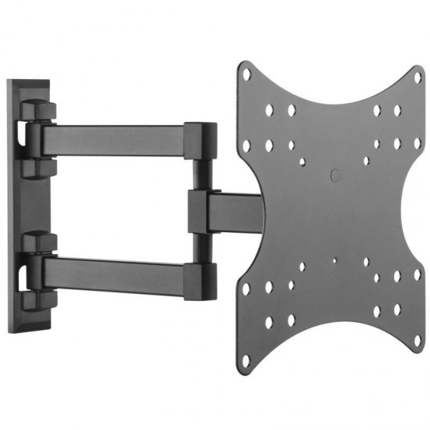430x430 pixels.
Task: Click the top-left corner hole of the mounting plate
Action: (247, 75)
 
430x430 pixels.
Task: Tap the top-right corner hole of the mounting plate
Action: (417, 78)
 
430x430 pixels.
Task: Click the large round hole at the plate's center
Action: (333, 177)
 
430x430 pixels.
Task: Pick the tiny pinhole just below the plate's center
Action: (334, 262)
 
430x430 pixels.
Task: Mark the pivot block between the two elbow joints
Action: (198, 210)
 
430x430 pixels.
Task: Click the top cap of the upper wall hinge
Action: (38, 110)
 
